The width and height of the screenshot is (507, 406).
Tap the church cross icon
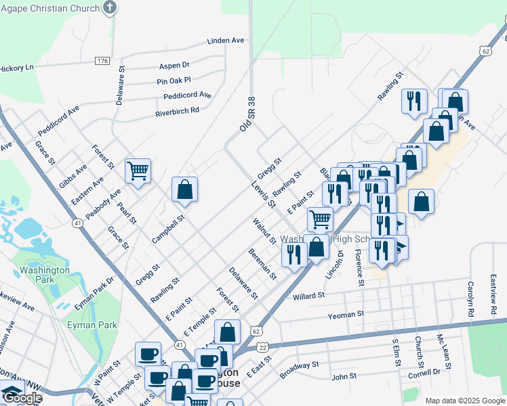coord(110,9)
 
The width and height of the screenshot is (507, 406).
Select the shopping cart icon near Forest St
coord(138,171)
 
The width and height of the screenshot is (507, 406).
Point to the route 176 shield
coord(102,61)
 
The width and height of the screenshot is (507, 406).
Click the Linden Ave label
coord(225,41)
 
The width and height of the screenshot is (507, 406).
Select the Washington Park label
coord(45,274)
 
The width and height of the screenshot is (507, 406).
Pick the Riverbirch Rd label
coord(177,110)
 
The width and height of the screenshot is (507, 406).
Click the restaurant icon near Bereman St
coord(293,255)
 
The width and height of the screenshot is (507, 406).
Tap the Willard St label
coord(309,296)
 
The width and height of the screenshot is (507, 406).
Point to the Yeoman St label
coord(346,314)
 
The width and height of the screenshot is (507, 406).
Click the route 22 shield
coord(263,347)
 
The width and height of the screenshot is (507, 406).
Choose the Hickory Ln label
coord(16,68)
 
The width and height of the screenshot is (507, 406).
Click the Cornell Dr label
coord(424,372)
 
